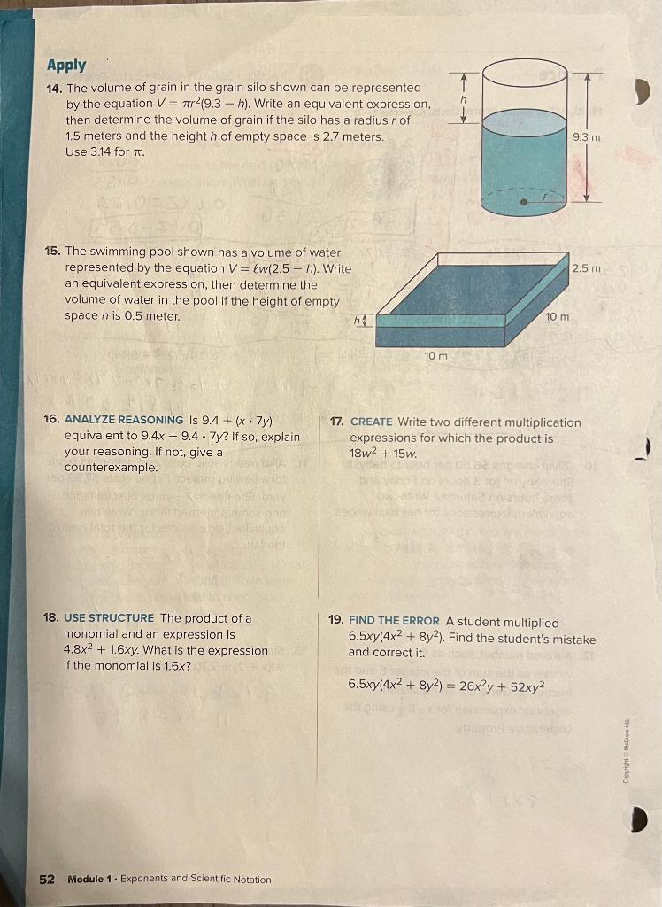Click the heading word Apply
(x=66, y=65)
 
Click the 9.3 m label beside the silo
(x=586, y=137)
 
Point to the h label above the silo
(x=462, y=102)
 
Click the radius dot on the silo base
(x=525, y=203)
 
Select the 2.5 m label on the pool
(x=586, y=268)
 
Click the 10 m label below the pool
(x=435, y=355)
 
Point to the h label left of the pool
(x=359, y=320)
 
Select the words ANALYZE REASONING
(x=124, y=420)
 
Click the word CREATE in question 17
(x=371, y=422)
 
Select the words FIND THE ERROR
(x=394, y=622)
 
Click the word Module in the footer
(x=88, y=879)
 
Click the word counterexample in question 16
(x=111, y=467)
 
